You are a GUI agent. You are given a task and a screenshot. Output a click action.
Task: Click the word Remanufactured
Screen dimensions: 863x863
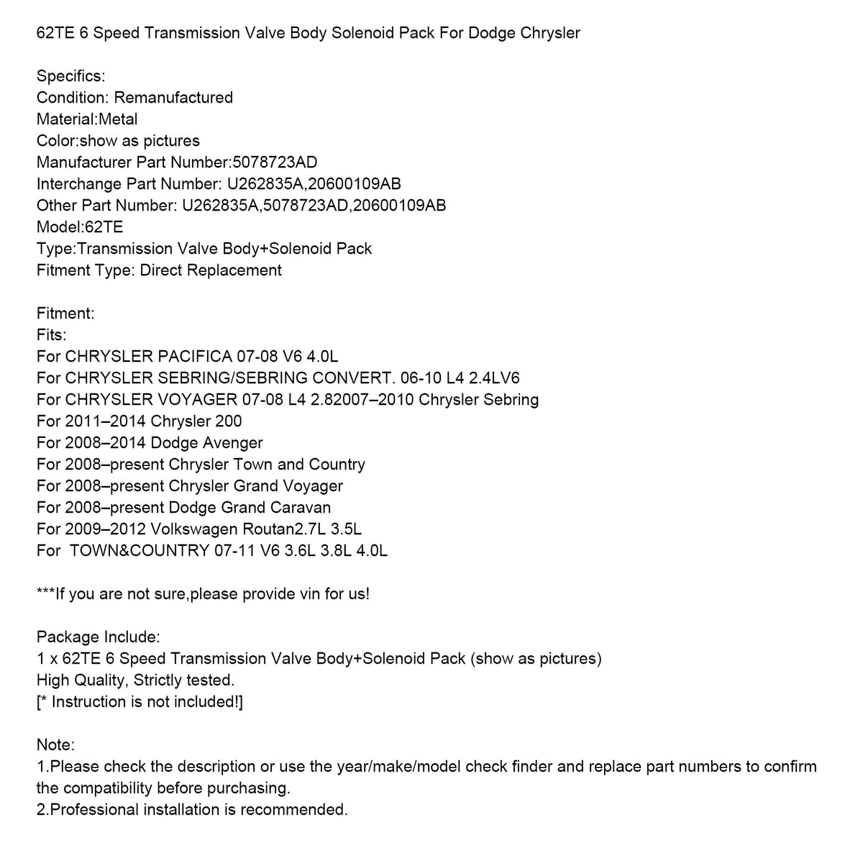pyautogui.click(x=173, y=98)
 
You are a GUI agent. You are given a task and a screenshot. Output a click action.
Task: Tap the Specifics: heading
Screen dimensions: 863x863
pyautogui.click(x=70, y=76)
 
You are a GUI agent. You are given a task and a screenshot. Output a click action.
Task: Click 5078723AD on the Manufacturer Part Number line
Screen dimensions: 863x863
pyautogui.click(x=275, y=163)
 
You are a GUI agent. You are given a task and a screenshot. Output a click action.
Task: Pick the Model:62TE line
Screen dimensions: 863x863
pyautogui.click(x=80, y=227)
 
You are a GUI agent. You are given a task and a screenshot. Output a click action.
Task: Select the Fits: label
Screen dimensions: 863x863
pyautogui.click(x=51, y=335)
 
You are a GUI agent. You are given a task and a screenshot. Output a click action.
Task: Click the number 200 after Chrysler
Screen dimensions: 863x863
pyautogui.click(x=228, y=421)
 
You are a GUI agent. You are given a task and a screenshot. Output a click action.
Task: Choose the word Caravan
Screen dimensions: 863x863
pyautogui.click(x=296, y=508)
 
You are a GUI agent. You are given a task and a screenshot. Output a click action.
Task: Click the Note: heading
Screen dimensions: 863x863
pyautogui.click(x=55, y=745)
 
